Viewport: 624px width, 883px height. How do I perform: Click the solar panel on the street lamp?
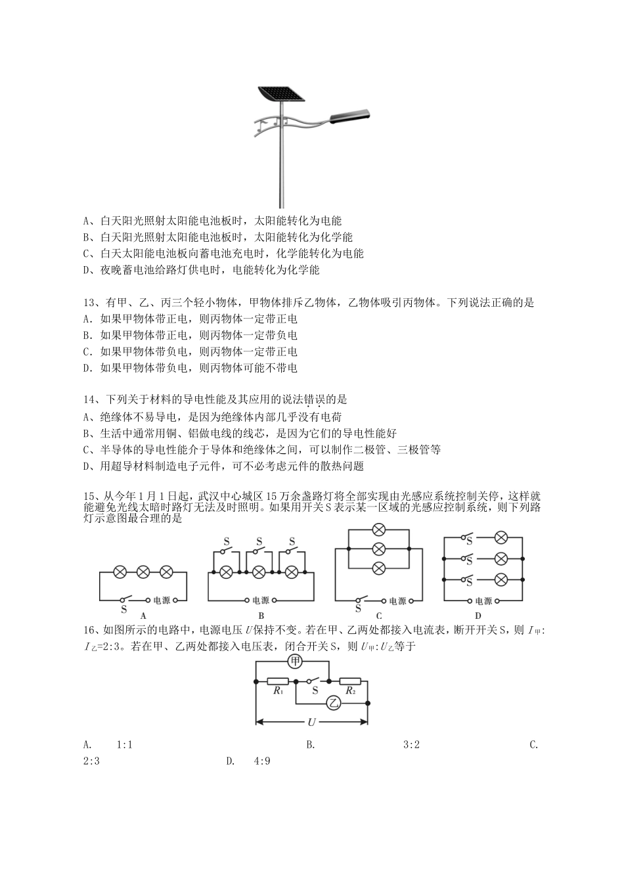point(280,94)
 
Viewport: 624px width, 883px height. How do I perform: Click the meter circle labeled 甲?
point(295,662)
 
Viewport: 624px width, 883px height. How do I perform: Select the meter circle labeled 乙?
point(334,703)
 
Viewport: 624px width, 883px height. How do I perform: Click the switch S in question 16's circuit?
point(315,681)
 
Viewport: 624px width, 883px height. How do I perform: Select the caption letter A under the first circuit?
point(143,616)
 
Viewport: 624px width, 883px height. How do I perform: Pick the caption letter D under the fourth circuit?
point(478,616)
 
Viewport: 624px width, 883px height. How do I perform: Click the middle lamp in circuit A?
point(143,572)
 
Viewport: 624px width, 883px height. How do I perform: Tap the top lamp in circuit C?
point(378,530)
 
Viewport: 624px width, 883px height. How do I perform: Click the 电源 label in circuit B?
point(260,600)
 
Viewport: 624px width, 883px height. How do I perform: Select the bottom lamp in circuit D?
point(501,579)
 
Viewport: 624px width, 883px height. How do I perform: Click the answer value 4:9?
point(261,761)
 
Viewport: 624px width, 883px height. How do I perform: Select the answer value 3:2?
point(411,744)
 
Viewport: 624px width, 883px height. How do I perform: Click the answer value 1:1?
point(125,744)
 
